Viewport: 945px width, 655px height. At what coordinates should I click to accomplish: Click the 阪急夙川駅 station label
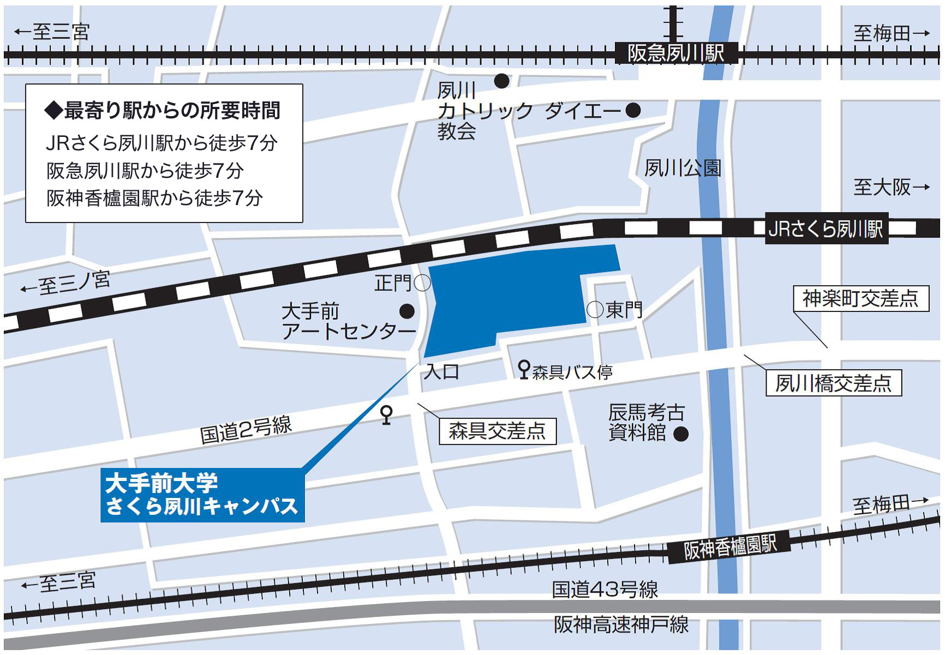(x=676, y=53)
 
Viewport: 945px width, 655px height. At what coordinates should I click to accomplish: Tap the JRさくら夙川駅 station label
(x=826, y=229)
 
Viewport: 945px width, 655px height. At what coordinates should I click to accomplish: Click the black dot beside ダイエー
(x=633, y=111)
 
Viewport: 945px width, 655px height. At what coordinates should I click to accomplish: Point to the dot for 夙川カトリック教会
(x=501, y=81)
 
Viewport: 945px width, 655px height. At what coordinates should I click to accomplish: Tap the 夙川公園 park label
(x=683, y=168)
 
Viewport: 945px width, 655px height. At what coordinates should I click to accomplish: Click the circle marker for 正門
(x=422, y=283)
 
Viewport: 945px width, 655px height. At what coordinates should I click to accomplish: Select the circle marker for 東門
(x=595, y=310)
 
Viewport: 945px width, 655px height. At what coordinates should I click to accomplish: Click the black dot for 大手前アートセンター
(x=407, y=311)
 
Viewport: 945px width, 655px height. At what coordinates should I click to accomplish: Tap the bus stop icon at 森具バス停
(x=524, y=370)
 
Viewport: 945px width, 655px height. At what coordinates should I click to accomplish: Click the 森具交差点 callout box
(x=497, y=431)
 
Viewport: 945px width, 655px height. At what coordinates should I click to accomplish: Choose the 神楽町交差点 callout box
(x=860, y=299)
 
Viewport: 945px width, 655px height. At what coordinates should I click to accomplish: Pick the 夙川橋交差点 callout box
(x=833, y=383)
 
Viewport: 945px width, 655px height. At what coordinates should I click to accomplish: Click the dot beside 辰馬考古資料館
(x=680, y=434)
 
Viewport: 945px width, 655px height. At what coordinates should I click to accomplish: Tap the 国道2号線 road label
(x=246, y=430)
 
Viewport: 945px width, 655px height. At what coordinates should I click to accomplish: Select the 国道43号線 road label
(x=605, y=590)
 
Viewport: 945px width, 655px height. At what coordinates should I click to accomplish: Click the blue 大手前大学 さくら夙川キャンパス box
(x=202, y=495)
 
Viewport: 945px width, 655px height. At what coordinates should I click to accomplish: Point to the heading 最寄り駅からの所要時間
(x=163, y=111)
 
